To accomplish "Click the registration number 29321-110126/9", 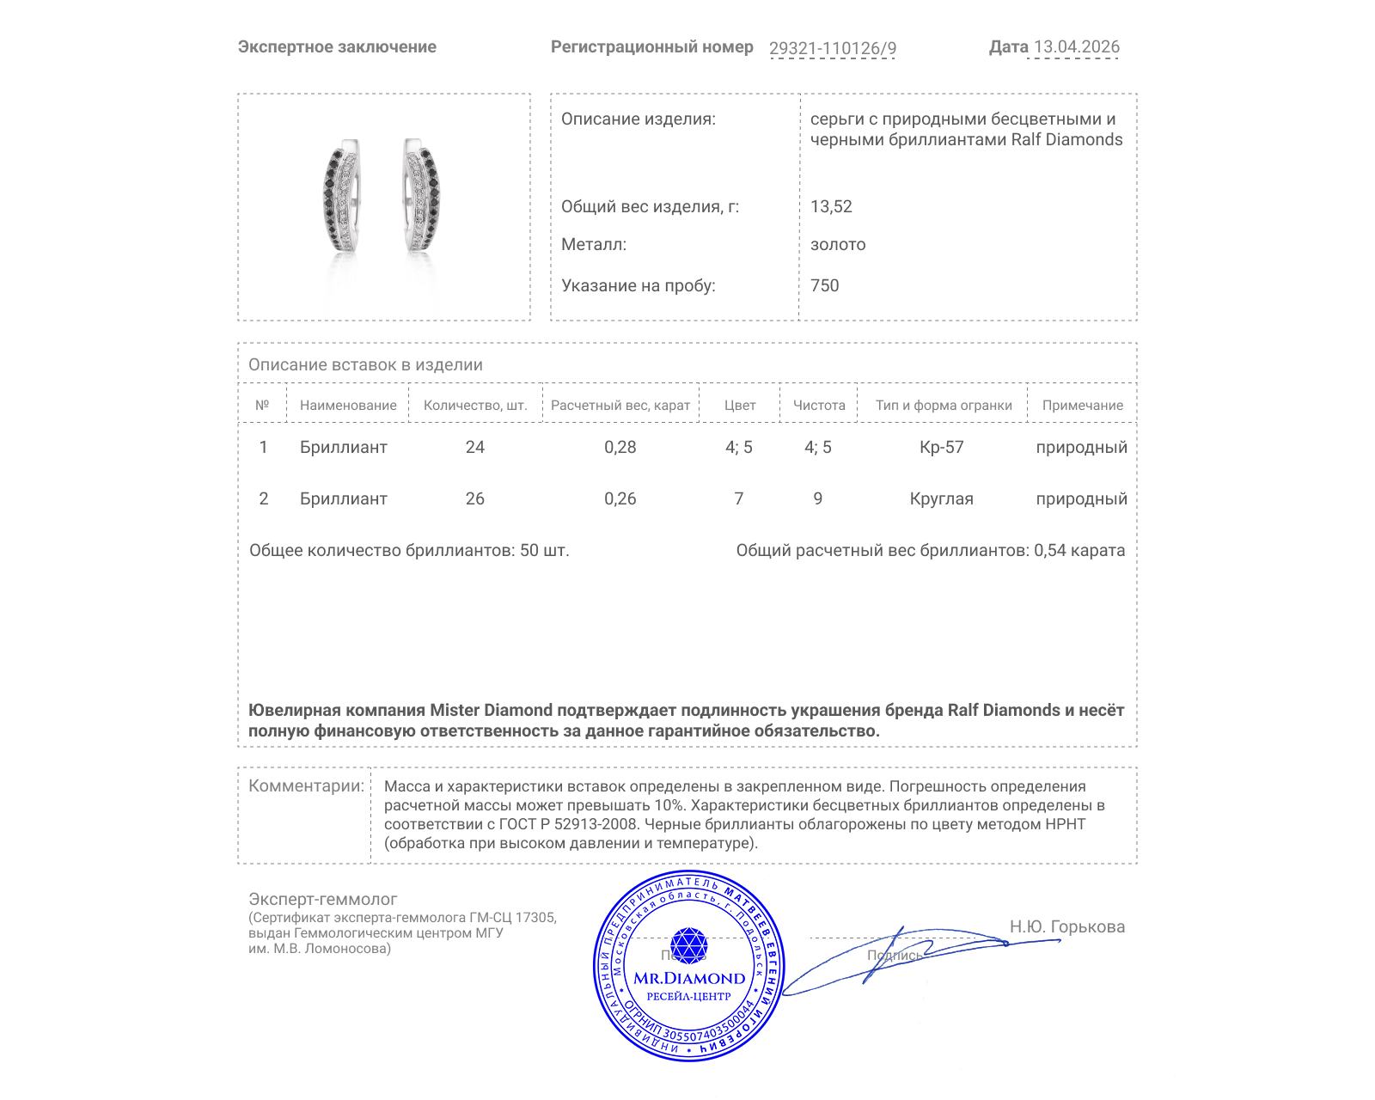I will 832,48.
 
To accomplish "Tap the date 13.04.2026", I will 1076,46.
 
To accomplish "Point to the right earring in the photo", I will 421,196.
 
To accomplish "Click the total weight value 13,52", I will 831,206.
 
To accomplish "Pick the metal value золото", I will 838,244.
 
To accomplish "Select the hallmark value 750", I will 824,285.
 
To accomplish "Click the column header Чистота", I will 819,405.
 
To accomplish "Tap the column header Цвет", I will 739,405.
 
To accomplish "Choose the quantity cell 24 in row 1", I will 474,447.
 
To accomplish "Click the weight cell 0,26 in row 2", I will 620,498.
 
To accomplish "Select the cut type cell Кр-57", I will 941,447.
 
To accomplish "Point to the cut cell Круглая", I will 941,498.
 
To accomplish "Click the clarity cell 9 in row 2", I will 817,498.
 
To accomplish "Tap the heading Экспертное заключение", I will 337,46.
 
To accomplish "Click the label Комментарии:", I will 306,785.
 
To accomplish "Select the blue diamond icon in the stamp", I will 688,945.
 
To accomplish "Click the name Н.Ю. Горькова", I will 1066,926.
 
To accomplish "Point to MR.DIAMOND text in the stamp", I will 689,978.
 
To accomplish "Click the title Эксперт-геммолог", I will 322,899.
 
